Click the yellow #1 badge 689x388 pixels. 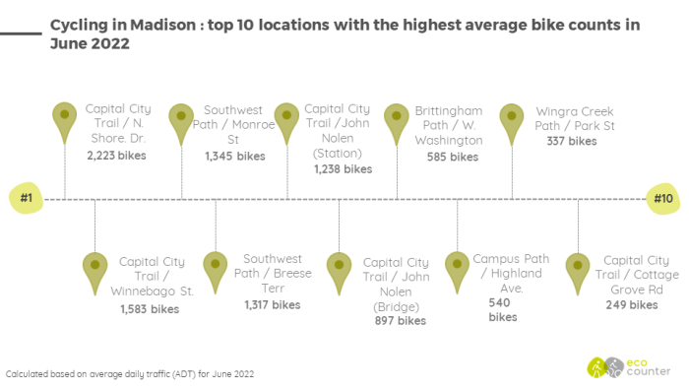(x=27, y=199)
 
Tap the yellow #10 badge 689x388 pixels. (x=663, y=199)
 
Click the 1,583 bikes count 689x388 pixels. (x=150, y=309)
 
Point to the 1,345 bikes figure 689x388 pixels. (x=234, y=156)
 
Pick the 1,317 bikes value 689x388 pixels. (x=273, y=305)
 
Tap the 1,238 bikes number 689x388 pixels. (x=343, y=169)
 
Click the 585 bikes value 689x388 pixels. (x=453, y=156)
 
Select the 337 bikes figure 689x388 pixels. (x=571, y=142)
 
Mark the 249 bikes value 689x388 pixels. (x=631, y=305)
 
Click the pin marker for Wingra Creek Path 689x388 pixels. (x=512, y=120)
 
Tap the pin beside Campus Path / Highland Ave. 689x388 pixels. (x=457, y=269)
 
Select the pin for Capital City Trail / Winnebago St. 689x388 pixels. (x=95, y=270)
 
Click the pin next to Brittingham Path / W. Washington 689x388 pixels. (x=397, y=120)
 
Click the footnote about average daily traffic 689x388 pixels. (x=130, y=374)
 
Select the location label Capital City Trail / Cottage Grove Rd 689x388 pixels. (x=633, y=275)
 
